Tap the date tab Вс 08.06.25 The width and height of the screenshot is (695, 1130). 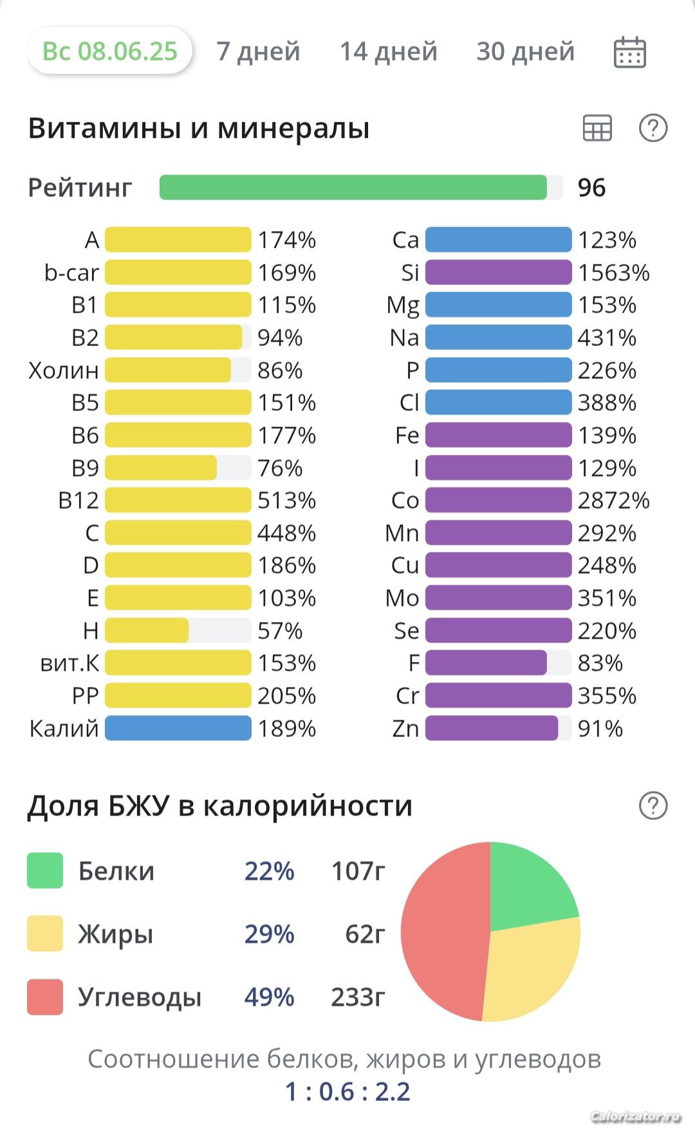tap(109, 51)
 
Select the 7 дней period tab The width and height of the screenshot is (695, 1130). tap(258, 51)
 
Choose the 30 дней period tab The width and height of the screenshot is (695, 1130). tap(525, 51)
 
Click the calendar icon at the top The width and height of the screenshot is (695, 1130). tap(629, 53)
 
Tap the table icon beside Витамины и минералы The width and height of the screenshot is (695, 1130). tap(597, 128)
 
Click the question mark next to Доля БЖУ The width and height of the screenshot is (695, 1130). tap(653, 805)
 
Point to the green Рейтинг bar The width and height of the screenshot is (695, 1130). tap(353, 187)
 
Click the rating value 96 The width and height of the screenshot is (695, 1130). tap(591, 188)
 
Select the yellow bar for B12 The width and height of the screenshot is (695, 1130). tap(178, 500)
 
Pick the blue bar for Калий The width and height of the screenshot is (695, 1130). tap(178, 728)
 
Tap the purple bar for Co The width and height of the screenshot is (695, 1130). tap(498, 500)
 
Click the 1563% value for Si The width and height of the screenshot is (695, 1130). tap(613, 273)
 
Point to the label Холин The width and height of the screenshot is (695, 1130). tap(64, 370)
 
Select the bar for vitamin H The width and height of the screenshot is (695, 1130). tap(147, 631)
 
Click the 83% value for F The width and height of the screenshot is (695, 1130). tap(600, 663)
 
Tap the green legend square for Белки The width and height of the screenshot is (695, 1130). tap(45, 870)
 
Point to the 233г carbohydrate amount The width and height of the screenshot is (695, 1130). tap(358, 997)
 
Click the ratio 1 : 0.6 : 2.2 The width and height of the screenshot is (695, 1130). tap(347, 1091)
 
